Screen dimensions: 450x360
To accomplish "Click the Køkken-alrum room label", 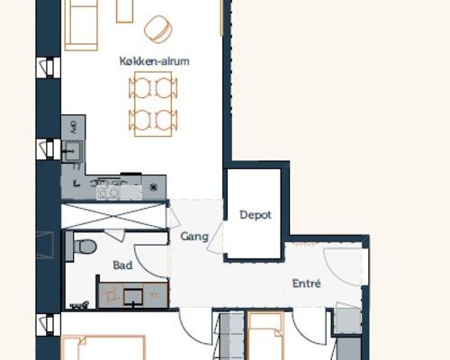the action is coord(155,61).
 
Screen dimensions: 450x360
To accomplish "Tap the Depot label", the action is coord(256,215).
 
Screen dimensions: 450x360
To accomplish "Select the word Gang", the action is coord(194,237).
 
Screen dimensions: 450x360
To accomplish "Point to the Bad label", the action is coord(122,265).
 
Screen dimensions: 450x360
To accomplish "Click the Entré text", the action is coord(307,283).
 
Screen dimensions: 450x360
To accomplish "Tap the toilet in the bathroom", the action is coord(85,247).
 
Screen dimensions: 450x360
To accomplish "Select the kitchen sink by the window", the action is coord(72,151).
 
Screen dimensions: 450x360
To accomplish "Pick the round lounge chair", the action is coord(158,29).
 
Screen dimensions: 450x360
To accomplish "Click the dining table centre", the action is coord(153,103).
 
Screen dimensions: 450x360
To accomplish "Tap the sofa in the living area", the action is coord(81,25).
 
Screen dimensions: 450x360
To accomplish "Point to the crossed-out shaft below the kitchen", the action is coord(113,216).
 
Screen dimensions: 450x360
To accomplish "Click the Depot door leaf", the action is coord(215,238).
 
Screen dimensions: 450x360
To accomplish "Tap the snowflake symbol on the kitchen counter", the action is coord(154,187).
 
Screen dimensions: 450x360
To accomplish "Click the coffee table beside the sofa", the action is coord(124,11).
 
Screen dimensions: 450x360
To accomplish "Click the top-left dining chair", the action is coord(139,87).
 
